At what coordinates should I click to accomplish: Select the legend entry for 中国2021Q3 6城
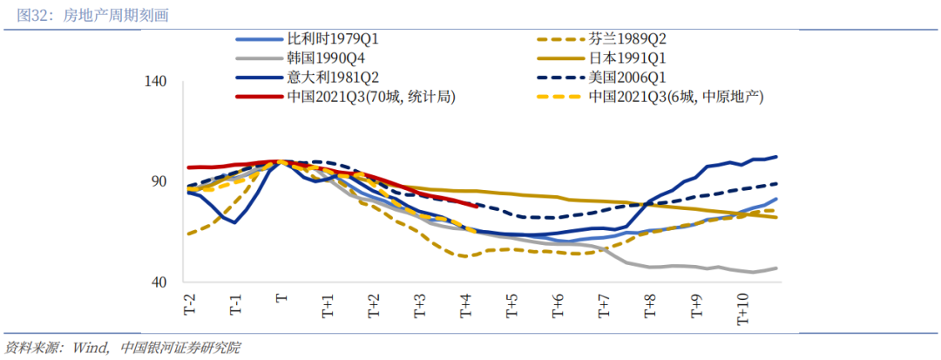tap(675, 97)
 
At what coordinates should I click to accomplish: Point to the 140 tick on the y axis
tap(154, 81)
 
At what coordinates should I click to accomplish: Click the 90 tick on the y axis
tap(158, 181)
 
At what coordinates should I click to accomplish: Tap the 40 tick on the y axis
tap(158, 282)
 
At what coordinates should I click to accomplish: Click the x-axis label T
tap(281, 298)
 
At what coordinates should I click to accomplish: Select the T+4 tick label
tap(465, 304)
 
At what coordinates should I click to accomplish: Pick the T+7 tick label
tap(604, 304)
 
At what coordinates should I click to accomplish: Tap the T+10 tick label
tap(743, 308)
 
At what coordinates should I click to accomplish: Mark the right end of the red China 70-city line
tap(474, 206)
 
